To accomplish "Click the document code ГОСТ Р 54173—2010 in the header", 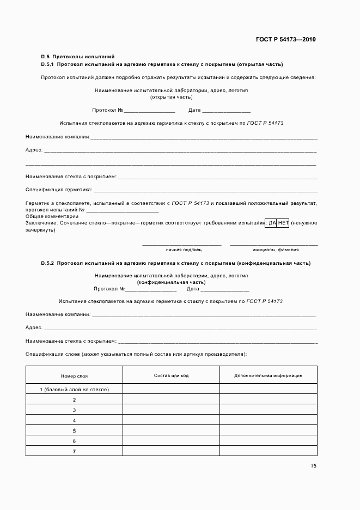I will point(285,40).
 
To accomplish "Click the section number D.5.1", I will point(48,64).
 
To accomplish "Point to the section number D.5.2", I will point(48,263).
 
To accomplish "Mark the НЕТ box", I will point(283,223).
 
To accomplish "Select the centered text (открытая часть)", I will point(171,97).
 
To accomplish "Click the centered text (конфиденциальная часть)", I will point(171,283).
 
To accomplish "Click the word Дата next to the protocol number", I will point(194,110).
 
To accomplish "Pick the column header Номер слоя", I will point(74,376).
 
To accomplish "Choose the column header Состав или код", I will point(171,375).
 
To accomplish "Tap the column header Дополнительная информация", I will point(268,375).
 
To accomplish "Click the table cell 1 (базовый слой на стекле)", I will point(74,390).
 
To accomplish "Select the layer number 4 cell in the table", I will point(74,421).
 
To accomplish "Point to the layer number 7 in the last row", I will point(74,452).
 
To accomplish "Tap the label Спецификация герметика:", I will point(59,190).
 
